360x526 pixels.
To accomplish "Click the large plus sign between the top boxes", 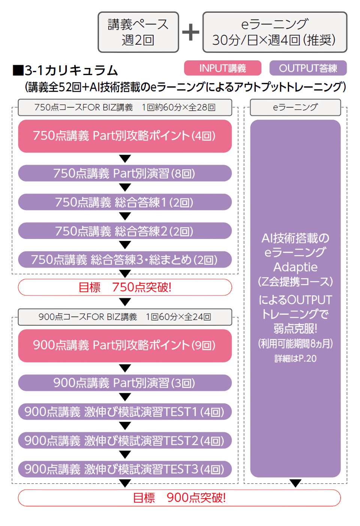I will [190, 32].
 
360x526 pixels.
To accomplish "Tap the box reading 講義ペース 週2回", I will [138, 32].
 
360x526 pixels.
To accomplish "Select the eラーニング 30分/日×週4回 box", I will [274, 32].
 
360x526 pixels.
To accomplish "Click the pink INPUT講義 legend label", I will [222, 68].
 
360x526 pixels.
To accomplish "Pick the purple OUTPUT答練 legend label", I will [308, 68].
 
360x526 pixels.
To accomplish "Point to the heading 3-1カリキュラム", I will [66, 70].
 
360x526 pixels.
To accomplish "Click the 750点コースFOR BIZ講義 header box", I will [125, 107].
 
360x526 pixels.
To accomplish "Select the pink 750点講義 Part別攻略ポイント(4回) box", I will [125, 136].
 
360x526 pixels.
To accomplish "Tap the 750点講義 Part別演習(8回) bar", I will [125, 173].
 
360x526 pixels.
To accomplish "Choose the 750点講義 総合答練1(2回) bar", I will [125, 202].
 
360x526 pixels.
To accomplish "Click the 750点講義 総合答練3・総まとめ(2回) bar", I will [125, 260].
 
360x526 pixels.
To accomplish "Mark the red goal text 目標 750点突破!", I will [125, 287].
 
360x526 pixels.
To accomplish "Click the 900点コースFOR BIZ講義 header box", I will [125, 317].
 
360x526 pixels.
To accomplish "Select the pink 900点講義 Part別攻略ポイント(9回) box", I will [125, 346].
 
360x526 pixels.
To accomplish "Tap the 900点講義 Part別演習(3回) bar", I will [125, 383].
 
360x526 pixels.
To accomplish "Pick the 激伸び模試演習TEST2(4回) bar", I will [125, 441].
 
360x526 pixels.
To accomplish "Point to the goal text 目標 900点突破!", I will [179, 498].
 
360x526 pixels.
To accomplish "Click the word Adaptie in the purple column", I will [295, 267].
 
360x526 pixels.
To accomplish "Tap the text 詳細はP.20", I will [295, 359].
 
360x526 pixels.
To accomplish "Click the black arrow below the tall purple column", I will [295, 483].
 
